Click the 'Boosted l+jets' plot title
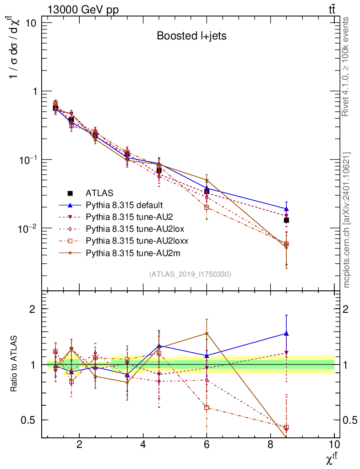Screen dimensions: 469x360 coord(191,36)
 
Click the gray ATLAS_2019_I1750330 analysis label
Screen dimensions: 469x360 coord(190,274)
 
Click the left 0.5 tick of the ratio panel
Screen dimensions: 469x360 coord(30,420)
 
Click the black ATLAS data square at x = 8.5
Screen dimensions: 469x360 coord(286,220)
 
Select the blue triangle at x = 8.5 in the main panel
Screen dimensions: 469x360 coord(286,208)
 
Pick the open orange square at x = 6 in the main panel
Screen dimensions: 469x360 coord(207,207)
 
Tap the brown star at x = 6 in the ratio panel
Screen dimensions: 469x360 coord(207,333)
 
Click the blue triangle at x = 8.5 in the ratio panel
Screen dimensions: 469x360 coord(286,333)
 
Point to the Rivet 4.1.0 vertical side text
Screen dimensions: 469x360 coord(347,66)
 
